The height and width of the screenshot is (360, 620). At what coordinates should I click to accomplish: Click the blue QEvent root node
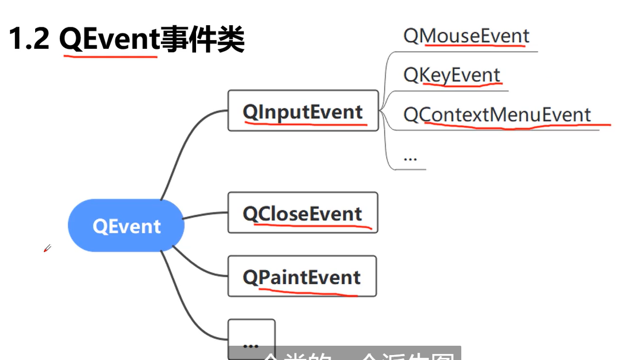(x=126, y=226)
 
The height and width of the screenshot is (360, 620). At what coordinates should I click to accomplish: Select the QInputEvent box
(x=303, y=111)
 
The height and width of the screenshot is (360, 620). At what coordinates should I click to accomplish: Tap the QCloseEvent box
(x=303, y=212)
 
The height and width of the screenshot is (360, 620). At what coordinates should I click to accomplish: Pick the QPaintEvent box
(x=301, y=276)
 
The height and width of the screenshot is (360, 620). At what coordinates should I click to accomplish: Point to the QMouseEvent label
(x=466, y=36)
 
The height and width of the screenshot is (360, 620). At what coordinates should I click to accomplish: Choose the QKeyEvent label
(x=451, y=75)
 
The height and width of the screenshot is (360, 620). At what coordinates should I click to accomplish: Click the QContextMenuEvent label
(x=496, y=115)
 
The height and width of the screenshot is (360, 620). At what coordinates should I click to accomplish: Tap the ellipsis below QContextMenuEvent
(x=410, y=158)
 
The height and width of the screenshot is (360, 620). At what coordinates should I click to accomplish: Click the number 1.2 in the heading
(x=30, y=40)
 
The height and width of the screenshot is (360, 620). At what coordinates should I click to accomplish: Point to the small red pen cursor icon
(x=47, y=249)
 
